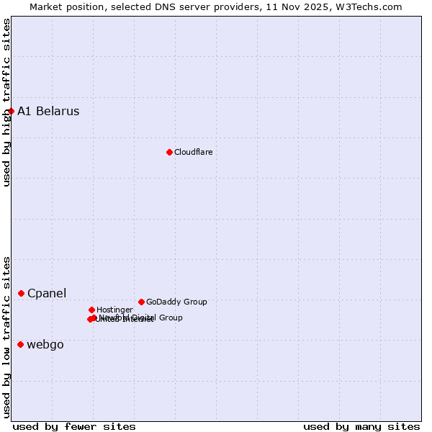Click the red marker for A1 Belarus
(11, 111)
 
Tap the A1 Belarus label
(48, 111)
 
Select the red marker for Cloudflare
(169, 152)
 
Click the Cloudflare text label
(193, 152)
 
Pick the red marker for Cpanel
(21, 293)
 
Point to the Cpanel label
(47, 293)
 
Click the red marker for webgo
(20, 344)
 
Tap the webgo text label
(45, 344)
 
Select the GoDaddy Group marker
(141, 302)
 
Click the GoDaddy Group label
(176, 302)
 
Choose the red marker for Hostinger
(91, 310)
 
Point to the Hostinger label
(114, 310)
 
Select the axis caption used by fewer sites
(74, 426)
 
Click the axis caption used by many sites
(361, 426)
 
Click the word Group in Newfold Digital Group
(171, 318)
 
